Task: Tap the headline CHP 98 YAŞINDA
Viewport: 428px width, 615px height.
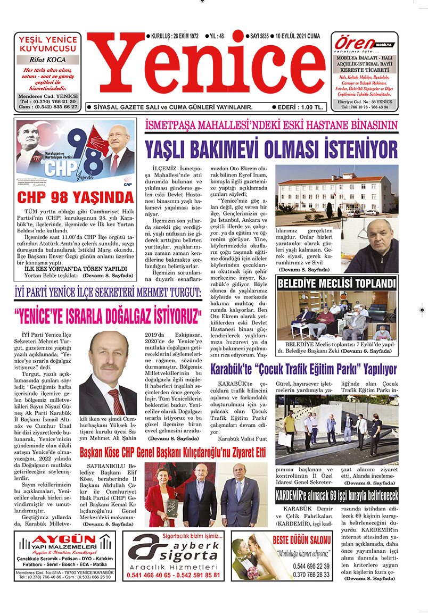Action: pyautogui.click(x=75, y=197)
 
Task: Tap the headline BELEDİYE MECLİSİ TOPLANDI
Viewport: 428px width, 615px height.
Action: pyautogui.click(x=336, y=283)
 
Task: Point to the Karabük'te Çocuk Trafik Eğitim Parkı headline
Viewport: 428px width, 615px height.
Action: pyautogui.click(x=303, y=369)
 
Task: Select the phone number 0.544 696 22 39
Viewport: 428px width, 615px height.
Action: pyautogui.click(x=311, y=566)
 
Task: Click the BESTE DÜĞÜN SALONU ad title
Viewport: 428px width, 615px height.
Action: pyautogui.click(x=309, y=541)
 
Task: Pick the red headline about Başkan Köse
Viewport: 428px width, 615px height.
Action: pyautogui.click(x=172, y=453)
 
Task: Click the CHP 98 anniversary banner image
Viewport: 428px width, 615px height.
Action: pyautogui.click(x=75, y=155)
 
